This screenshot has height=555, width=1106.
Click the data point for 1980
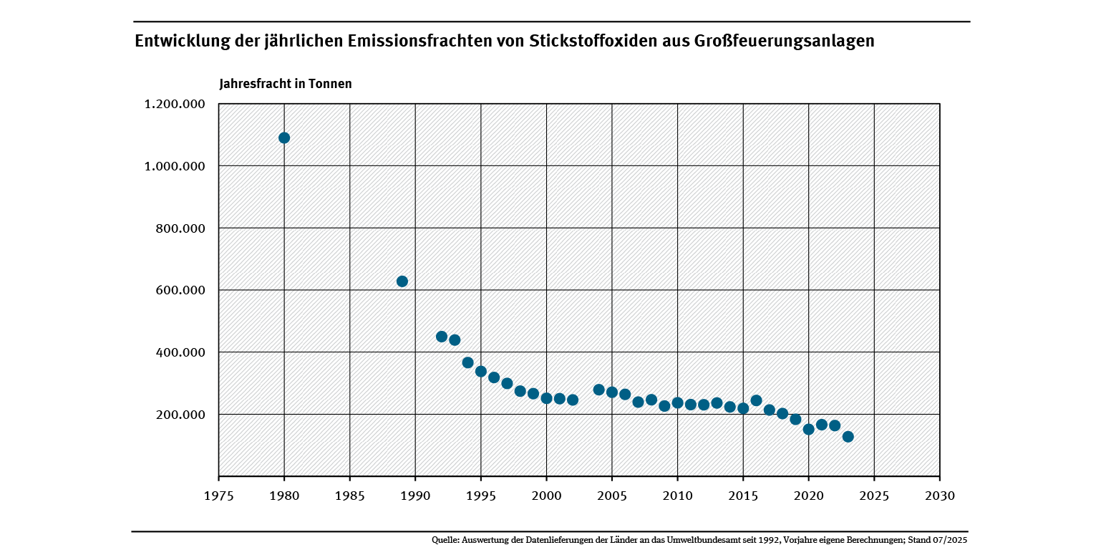click(x=284, y=137)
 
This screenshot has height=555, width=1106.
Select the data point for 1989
click(x=402, y=281)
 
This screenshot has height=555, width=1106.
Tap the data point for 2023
click(x=848, y=437)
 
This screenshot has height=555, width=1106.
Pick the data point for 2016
click(x=756, y=400)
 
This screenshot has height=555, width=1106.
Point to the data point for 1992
click(x=442, y=337)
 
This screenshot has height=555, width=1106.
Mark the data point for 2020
click(x=809, y=430)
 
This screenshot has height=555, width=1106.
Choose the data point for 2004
click(x=599, y=390)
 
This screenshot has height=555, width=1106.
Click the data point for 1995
click(x=481, y=372)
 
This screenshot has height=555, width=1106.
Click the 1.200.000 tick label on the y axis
click(x=175, y=105)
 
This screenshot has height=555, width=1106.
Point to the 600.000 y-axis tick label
click(x=181, y=291)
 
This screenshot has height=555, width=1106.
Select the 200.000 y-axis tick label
click(x=181, y=415)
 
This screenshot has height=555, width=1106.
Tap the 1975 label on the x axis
click(x=218, y=496)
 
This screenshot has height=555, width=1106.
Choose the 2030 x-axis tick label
click(x=939, y=496)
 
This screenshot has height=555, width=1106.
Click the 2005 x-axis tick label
click(x=612, y=496)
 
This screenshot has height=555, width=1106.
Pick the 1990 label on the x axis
click(x=415, y=496)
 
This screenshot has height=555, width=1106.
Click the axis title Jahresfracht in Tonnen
click(x=286, y=84)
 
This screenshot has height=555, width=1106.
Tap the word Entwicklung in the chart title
click(x=179, y=42)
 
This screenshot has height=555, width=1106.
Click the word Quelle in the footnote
click(x=445, y=539)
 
